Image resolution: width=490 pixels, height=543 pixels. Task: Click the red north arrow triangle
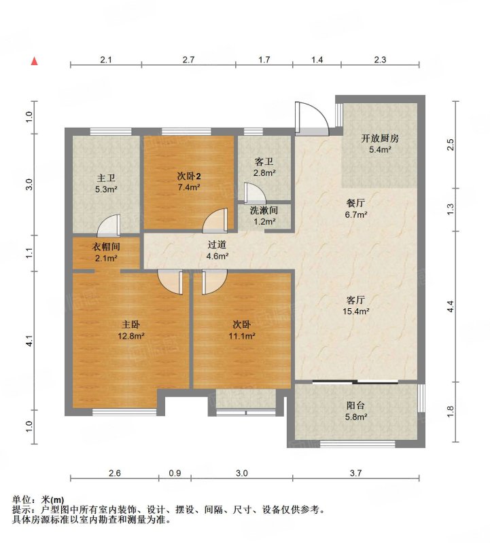coord(34,61)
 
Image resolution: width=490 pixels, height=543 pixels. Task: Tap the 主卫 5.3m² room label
coord(106,183)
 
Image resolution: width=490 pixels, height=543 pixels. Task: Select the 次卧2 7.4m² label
coord(189,182)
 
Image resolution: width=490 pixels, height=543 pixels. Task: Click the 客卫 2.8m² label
coord(264,167)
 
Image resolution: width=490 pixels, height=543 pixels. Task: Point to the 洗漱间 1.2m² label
coord(264,215)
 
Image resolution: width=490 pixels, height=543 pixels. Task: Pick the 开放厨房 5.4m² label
coord(380,144)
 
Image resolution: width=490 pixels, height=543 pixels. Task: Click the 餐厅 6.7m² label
coord(356,208)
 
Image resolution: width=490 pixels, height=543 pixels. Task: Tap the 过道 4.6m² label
coord(217,250)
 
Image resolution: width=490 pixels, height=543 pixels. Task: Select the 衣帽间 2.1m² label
coord(106,252)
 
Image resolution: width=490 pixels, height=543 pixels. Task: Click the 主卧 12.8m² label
coord(130,330)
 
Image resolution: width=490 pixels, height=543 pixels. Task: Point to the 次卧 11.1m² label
coord(242,330)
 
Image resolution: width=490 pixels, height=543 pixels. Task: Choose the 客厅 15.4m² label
coord(356,305)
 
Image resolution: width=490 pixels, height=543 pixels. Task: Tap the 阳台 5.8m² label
coord(356,411)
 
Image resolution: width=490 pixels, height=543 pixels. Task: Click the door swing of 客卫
coord(255,193)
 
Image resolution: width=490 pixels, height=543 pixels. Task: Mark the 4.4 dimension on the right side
coord(450,306)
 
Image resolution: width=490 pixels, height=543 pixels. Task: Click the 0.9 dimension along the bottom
coord(175,473)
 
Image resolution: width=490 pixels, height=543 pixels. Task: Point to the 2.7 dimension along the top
coord(188,60)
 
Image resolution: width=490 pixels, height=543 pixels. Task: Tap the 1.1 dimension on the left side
coord(29,252)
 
